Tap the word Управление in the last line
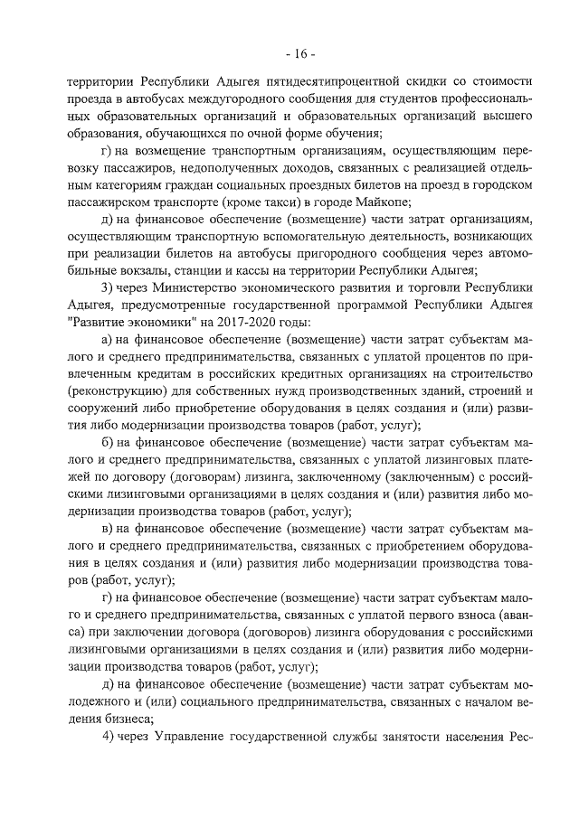pyautogui.click(x=197, y=735)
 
